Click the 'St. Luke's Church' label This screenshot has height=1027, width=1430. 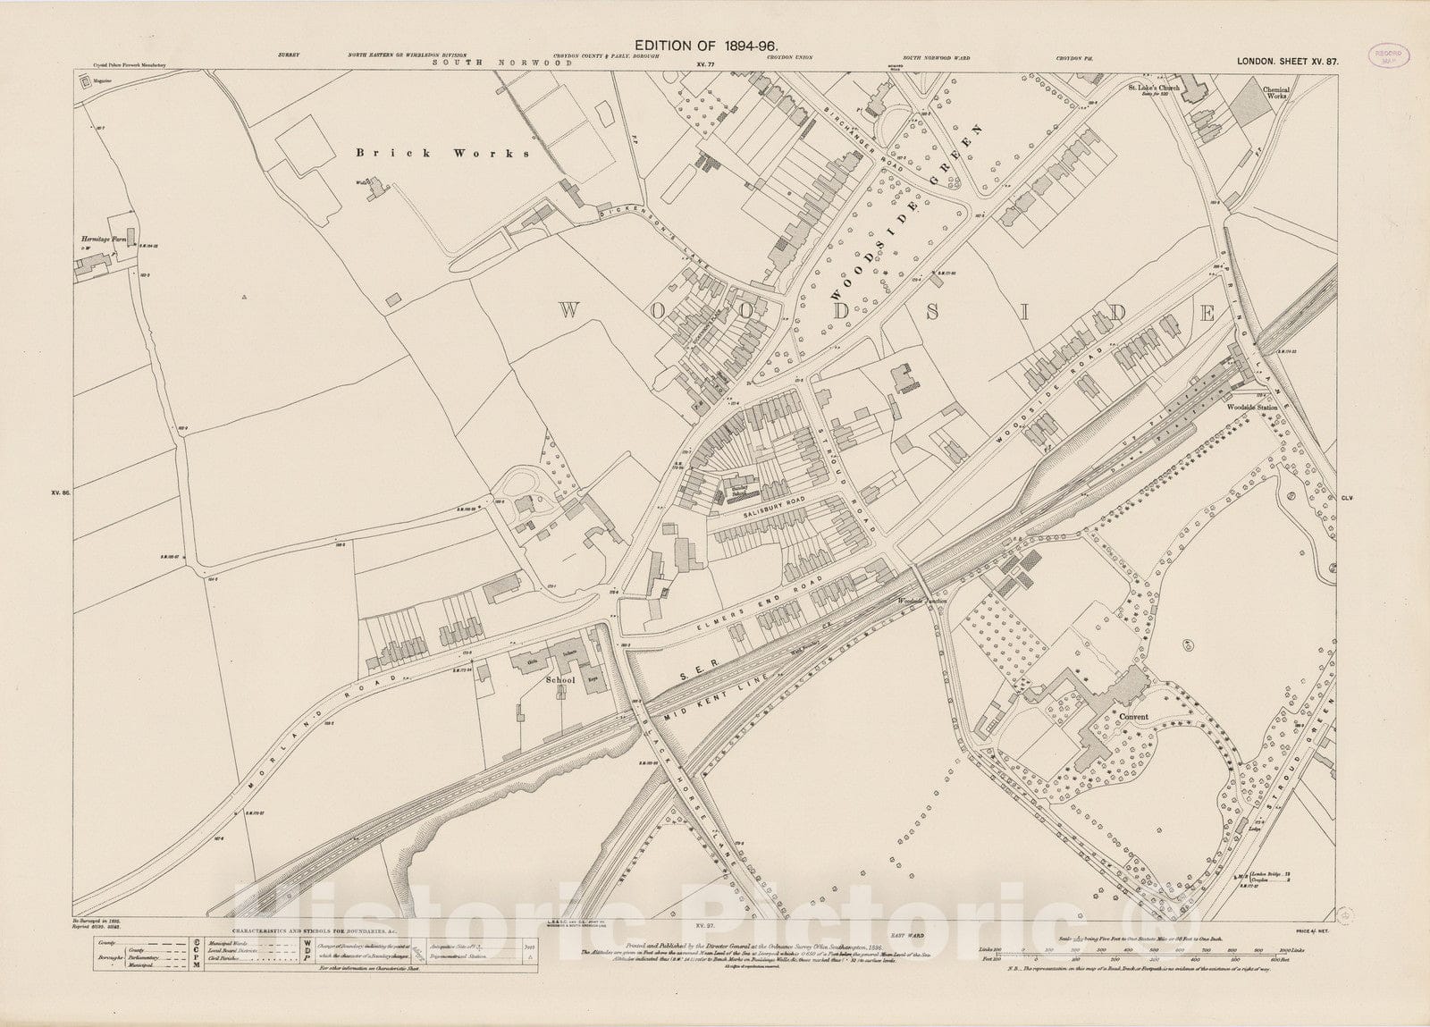(x=1154, y=88)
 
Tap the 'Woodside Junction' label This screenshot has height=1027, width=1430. (x=921, y=602)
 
